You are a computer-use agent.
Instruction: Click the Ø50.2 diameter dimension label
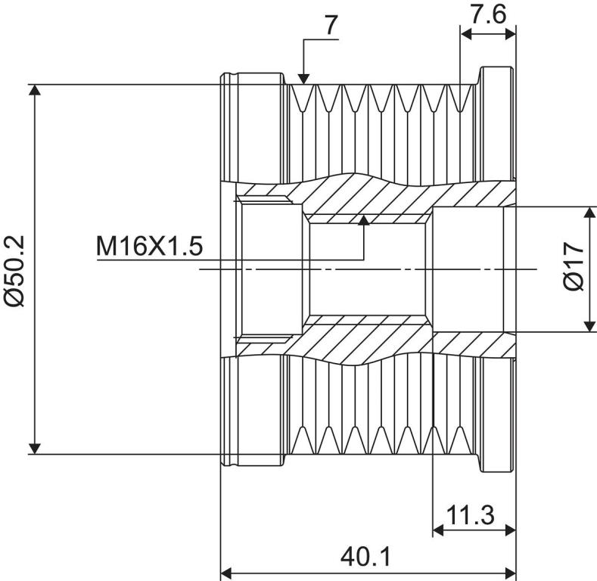coord(14,271)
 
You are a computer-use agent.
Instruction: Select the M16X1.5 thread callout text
coord(150,247)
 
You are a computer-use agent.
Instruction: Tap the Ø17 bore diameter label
coord(573,266)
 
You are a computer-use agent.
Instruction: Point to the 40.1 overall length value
coord(365,558)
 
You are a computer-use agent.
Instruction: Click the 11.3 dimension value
coord(470,514)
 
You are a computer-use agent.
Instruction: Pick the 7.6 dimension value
coord(489,14)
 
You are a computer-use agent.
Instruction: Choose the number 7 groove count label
coord(331,25)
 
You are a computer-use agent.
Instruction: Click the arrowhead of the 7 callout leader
coord(303,79)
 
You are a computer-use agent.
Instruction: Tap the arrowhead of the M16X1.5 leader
coord(365,220)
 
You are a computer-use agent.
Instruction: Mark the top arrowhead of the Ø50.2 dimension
coord(35,90)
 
